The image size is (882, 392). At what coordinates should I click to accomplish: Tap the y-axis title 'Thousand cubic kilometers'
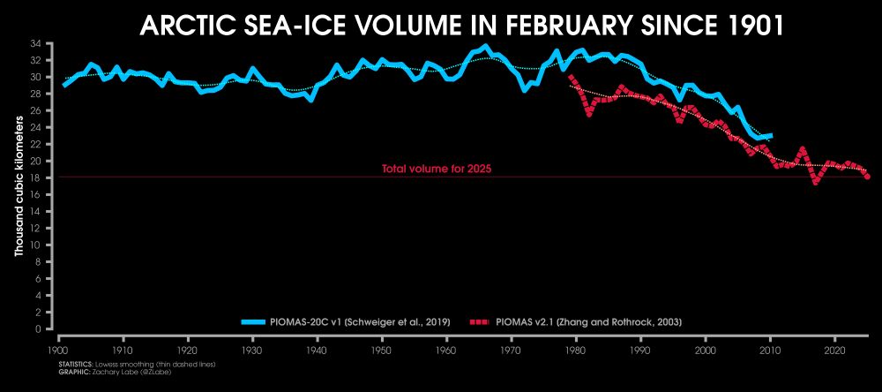(x=19, y=185)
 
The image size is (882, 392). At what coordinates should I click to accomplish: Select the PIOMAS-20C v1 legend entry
(x=346, y=321)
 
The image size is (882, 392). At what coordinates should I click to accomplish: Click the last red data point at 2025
(x=868, y=177)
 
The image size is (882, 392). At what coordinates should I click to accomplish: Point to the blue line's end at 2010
(x=771, y=135)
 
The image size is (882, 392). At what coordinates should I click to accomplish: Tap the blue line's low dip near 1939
(x=310, y=100)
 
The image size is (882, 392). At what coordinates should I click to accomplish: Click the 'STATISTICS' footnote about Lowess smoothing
(x=137, y=364)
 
